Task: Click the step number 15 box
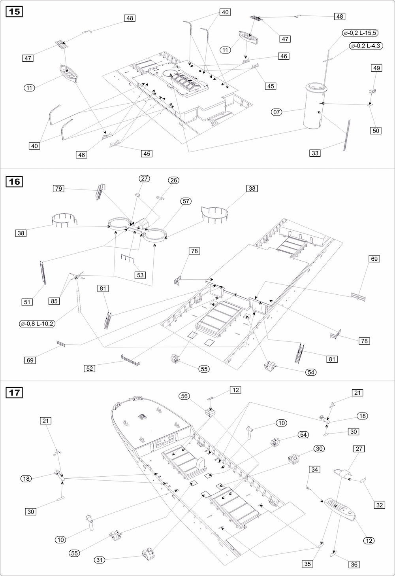click(14, 12)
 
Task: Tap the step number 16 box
click(14, 182)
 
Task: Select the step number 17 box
click(14, 393)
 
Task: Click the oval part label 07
click(276, 112)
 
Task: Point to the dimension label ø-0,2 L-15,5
click(361, 33)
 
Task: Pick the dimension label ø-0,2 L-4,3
click(366, 46)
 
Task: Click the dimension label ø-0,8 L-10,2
click(38, 324)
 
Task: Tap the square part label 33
click(315, 153)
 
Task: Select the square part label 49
click(376, 68)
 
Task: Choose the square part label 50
click(376, 131)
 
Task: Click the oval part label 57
click(186, 201)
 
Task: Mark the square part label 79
click(58, 188)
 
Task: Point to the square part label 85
click(54, 301)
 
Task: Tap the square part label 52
click(89, 368)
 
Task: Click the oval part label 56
click(184, 396)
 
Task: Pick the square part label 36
click(354, 565)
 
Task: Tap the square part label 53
click(140, 275)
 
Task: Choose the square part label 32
click(380, 505)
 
